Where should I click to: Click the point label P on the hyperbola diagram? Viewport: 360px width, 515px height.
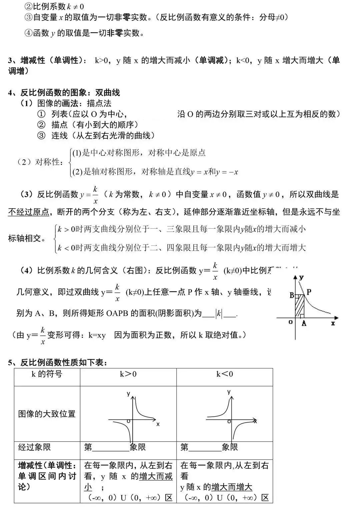click(x=309, y=292)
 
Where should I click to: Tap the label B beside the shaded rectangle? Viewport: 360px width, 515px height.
click(x=292, y=295)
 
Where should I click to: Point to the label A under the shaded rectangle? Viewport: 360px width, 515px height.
click(x=304, y=323)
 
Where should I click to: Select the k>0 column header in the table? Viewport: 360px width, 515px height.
click(x=128, y=374)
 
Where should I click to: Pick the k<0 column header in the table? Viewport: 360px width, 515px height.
click(x=225, y=374)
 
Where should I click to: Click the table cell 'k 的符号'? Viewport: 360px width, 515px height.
click(x=47, y=374)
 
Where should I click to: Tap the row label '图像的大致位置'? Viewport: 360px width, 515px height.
click(x=47, y=414)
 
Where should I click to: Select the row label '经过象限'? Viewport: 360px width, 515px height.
click(x=34, y=447)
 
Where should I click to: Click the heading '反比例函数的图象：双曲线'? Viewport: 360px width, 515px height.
click(x=70, y=92)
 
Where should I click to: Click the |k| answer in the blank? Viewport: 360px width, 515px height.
click(x=219, y=314)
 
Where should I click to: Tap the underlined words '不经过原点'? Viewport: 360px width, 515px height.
click(x=28, y=212)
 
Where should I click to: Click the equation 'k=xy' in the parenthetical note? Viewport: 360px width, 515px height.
click(x=97, y=335)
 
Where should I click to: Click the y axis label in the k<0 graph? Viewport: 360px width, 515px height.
click(x=229, y=392)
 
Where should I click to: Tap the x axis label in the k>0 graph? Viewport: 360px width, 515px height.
click(x=158, y=424)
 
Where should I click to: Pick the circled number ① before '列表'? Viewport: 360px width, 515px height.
click(x=41, y=114)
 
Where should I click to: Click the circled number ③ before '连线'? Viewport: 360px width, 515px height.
click(x=41, y=135)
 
